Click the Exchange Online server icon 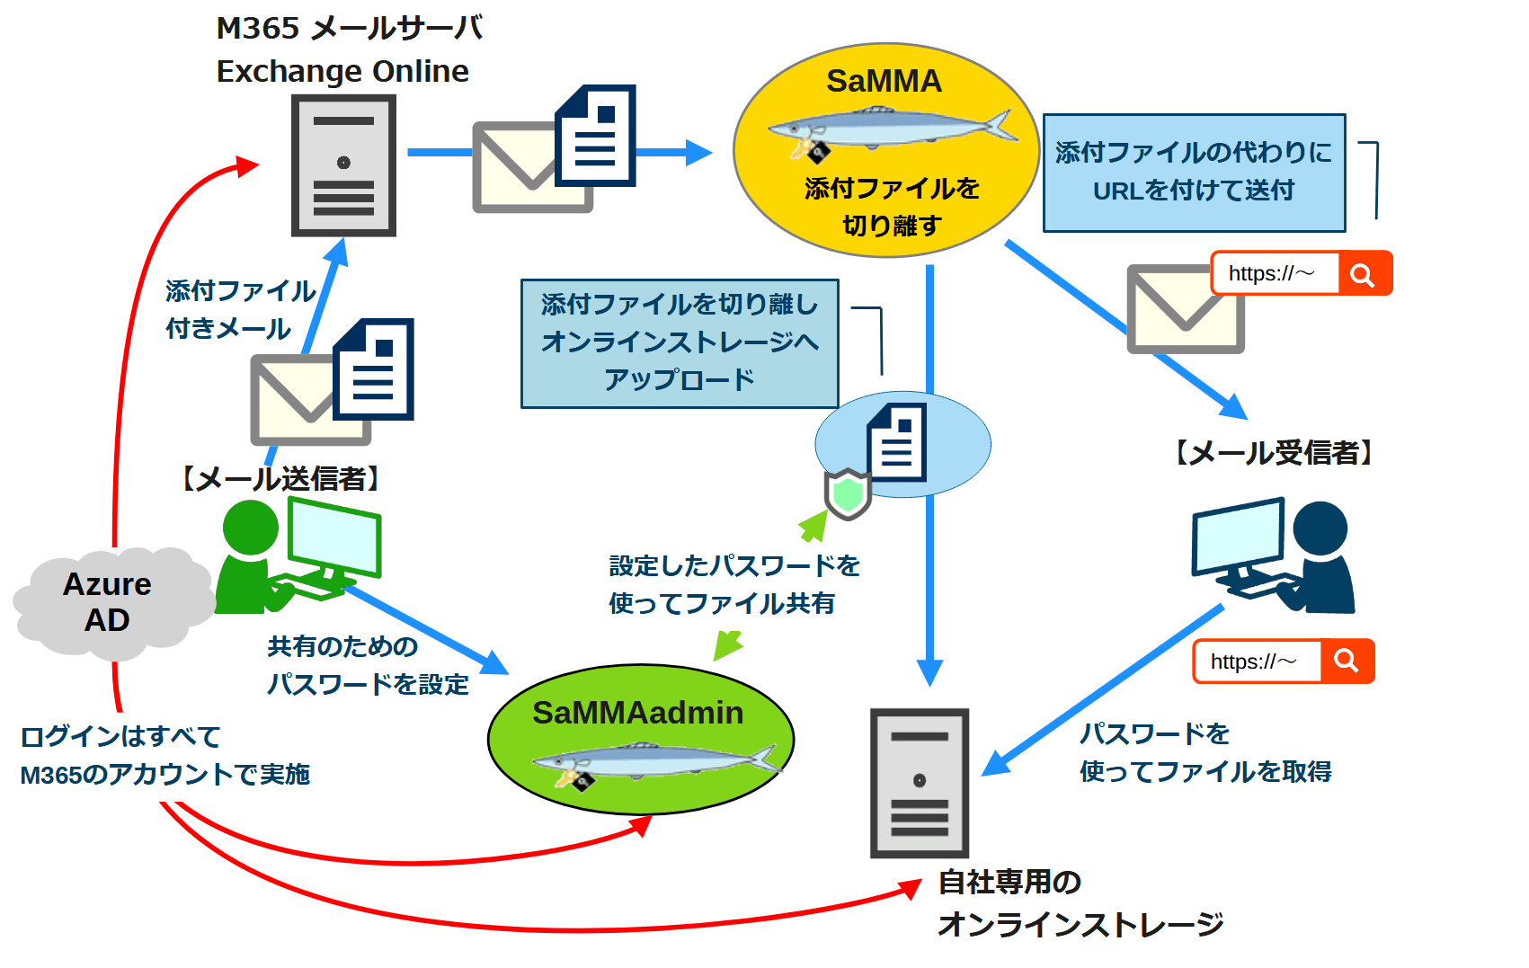click(x=343, y=166)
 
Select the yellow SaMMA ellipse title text click(x=884, y=81)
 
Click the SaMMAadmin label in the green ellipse click(x=637, y=713)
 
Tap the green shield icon click(x=848, y=493)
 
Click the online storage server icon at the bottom click(x=919, y=782)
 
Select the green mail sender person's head click(x=250, y=528)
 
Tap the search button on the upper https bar click(x=1364, y=274)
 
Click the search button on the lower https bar click(x=1347, y=662)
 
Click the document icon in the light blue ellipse click(x=896, y=442)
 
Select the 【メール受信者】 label click(x=1275, y=452)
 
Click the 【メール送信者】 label click(x=280, y=478)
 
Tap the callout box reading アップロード click(x=680, y=343)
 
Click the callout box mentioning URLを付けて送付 click(x=1194, y=173)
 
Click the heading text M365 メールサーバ click(x=350, y=28)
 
